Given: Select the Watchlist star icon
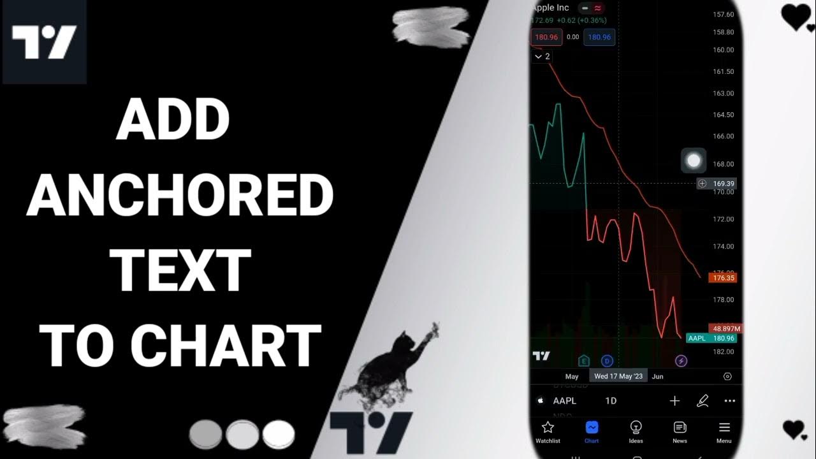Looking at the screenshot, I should [x=547, y=427].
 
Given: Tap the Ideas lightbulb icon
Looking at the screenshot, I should [x=636, y=427].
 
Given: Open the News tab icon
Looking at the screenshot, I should [x=680, y=427].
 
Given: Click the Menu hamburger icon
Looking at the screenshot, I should [x=724, y=427].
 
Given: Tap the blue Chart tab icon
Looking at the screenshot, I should [x=592, y=427].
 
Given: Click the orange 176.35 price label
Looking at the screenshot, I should [x=723, y=278].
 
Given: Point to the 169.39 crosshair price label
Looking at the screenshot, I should [x=724, y=184].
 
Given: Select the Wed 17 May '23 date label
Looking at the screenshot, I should [x=618, y=376].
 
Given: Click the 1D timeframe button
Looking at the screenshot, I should [x=611, y=401].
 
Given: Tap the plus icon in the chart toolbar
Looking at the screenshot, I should [x=674, y=401].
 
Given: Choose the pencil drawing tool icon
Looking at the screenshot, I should [x=703, y=401].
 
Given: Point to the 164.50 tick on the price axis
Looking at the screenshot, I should [x=724, y=115].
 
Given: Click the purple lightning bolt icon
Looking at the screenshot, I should [x=681, y=361].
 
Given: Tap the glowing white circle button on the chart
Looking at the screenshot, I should [x=694, y=161].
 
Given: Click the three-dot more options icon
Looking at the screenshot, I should [x=730, y=401].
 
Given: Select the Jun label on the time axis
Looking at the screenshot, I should [x=658, y=376].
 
